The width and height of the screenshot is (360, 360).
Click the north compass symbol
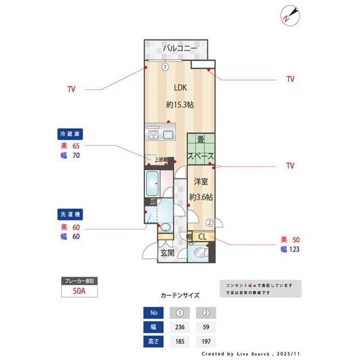(x=290, y=15)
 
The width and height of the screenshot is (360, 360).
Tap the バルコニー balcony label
(x=180, y=49)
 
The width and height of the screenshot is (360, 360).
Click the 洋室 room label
(x=201, y=181)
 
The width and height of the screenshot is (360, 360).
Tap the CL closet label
(x=202, y=237)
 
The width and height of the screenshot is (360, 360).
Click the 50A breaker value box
(x=79, y=291)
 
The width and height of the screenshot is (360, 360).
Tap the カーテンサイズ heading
(x=180, y=295)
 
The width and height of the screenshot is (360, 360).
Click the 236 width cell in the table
(x=180, y=327)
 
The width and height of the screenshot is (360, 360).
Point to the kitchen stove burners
(x=154, y=135)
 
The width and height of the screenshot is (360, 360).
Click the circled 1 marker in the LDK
(x=165, y=66)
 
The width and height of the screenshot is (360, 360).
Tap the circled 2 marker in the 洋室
(x=209, y=222)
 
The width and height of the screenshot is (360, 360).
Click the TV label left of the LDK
(x=71, y=89)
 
